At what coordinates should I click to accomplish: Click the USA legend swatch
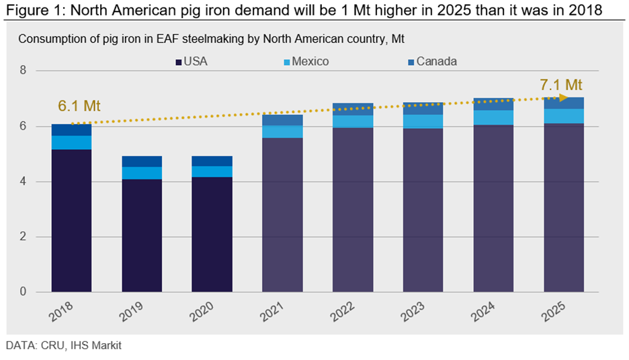[178, 62]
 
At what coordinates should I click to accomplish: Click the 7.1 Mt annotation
[560, 85]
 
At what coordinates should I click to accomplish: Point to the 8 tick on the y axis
[22, 71]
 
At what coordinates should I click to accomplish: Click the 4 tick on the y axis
[22, 181]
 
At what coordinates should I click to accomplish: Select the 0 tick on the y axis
[22, 292]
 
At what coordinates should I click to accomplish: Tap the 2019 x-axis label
[134, 314]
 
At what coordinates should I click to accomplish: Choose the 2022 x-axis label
[345, 314]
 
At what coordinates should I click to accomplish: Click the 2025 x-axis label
[556, 314]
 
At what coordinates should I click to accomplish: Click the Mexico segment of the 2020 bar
[212, 171]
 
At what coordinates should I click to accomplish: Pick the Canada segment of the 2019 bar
[142, 161]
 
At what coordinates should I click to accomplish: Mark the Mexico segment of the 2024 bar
[493, 118]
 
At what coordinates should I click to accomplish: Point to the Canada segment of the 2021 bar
[283, 120]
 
